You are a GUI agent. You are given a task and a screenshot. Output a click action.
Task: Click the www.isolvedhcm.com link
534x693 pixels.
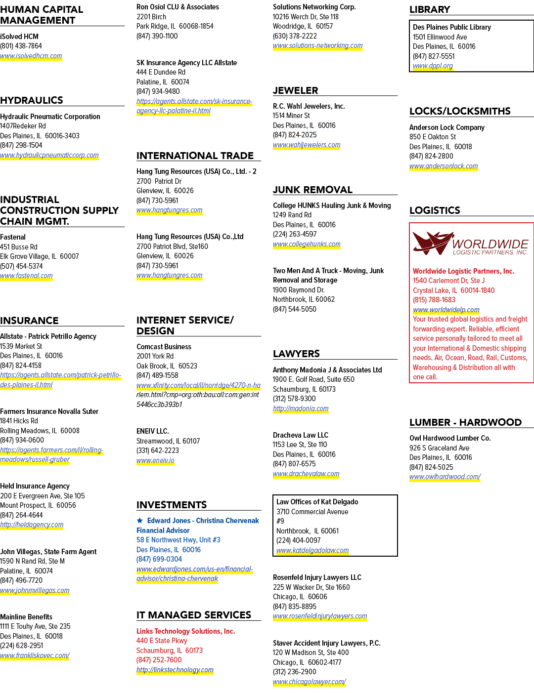click(x=31, y=56)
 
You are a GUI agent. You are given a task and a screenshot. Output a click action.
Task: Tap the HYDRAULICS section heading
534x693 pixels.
click(x=32, y=100)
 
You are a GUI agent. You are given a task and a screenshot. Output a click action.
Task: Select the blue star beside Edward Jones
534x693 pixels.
click(x=139, y=521)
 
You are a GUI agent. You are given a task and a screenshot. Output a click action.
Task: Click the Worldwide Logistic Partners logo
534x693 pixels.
click(x=471, y=244)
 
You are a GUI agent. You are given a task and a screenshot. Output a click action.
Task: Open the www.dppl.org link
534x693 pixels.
click(x=433, y=66)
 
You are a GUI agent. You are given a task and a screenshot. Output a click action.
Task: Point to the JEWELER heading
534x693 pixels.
click(x=295, y=90)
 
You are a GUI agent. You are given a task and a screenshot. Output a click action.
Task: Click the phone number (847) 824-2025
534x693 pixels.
click(x=295, y=135)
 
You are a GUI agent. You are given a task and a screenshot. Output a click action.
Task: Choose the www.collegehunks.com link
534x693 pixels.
click(x=307, y=244)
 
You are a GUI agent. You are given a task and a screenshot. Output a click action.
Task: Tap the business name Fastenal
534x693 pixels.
click(x=13, y=237)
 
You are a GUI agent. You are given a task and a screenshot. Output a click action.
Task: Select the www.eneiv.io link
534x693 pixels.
click(x=155, y=460)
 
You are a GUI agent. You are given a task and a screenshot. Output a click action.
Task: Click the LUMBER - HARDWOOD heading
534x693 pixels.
click(x=465, y=422)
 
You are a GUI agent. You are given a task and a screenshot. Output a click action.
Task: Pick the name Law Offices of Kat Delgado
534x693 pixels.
click(x=317, y=502)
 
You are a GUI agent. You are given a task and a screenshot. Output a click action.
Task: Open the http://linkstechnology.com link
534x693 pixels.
click(x=175, y=670)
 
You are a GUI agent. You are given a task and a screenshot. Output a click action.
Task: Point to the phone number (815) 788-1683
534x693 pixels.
click(x=434, y=300)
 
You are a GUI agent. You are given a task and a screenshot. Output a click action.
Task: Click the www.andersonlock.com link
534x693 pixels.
click(x=444, y=166)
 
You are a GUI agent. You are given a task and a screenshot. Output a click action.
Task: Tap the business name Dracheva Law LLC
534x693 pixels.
click(x=300, y=435)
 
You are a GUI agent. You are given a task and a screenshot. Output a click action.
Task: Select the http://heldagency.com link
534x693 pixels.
click(x=32, y=525)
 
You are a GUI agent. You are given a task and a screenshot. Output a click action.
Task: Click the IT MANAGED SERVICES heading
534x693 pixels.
click(x=194, y=615)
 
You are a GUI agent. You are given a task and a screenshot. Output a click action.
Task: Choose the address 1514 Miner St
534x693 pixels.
click(x=291, y=116)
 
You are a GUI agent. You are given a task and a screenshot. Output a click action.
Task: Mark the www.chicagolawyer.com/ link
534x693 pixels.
click(x=310, y=682)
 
